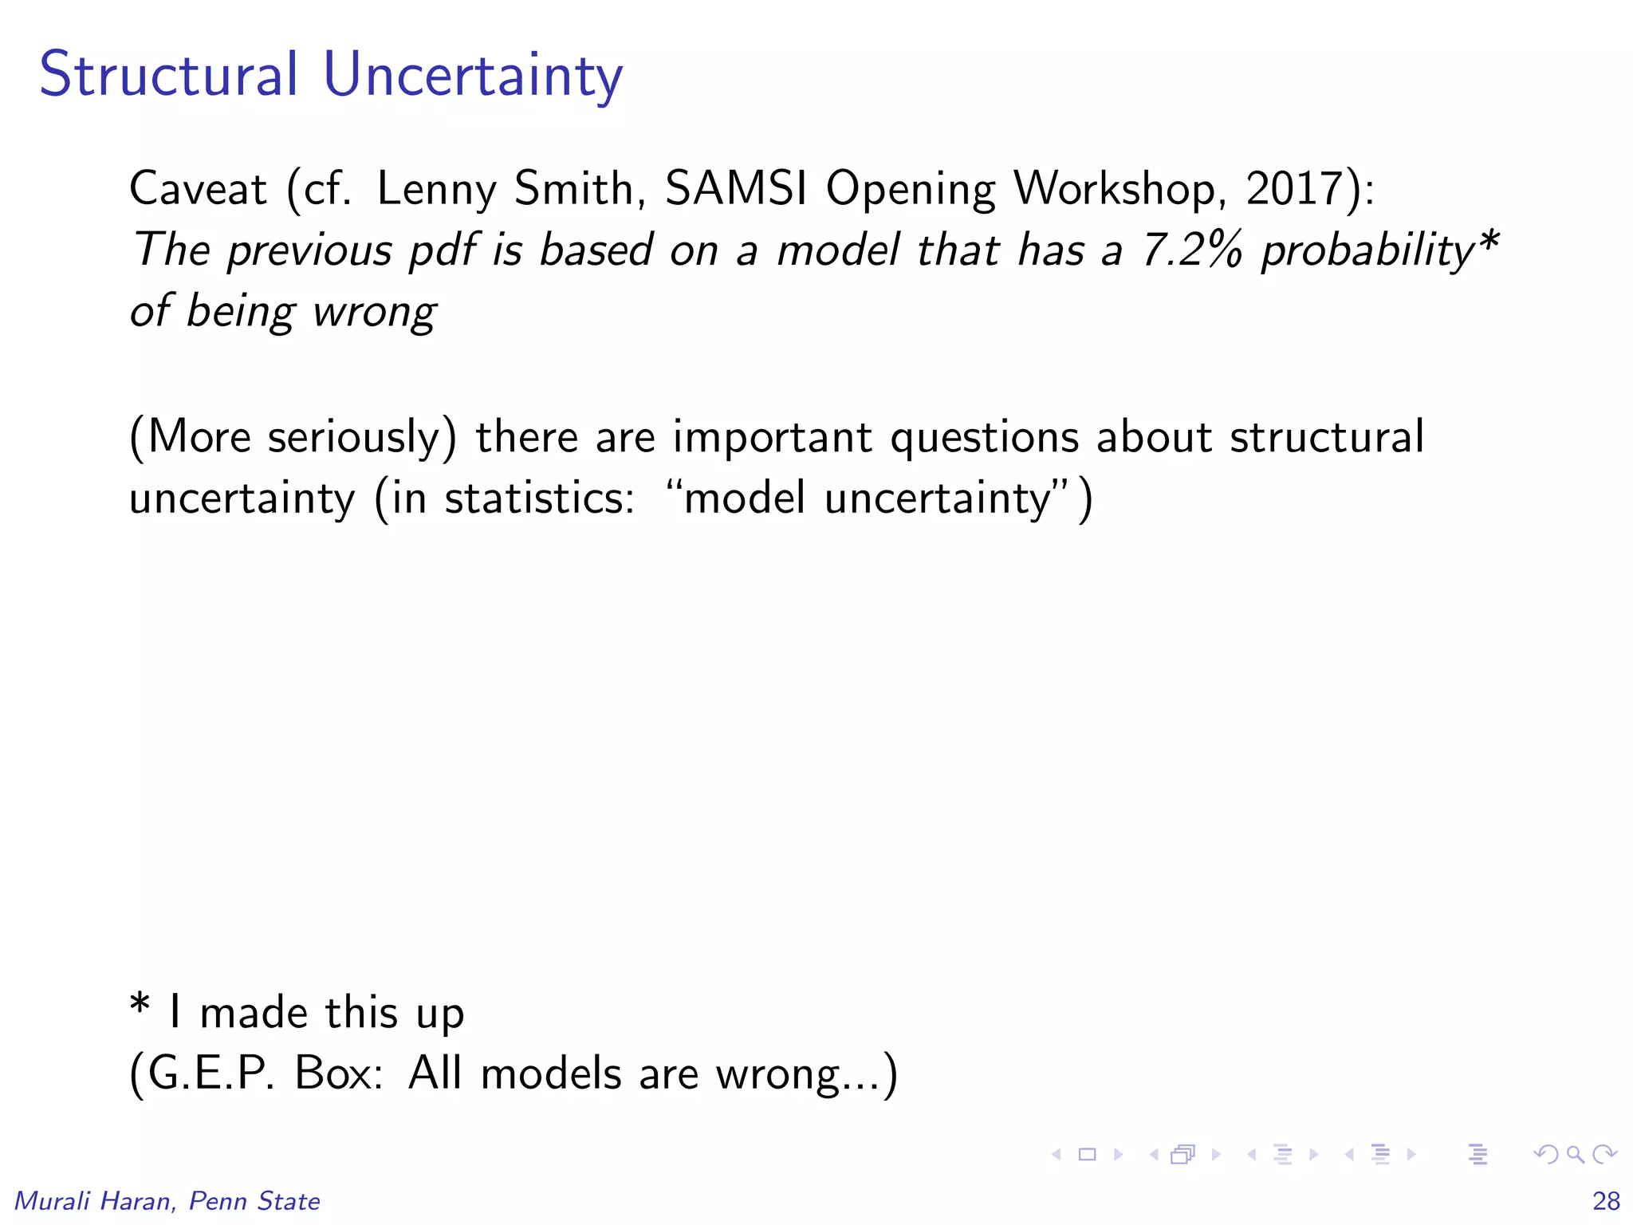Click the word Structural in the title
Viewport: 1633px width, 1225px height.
168,74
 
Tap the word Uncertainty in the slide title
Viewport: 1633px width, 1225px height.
473,77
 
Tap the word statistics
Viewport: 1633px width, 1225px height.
539,498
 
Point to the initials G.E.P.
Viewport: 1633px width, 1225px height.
210,1073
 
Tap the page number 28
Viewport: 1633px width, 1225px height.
1606,1201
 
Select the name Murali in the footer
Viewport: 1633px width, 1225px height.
53,1201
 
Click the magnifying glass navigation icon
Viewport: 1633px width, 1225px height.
1576,1154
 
